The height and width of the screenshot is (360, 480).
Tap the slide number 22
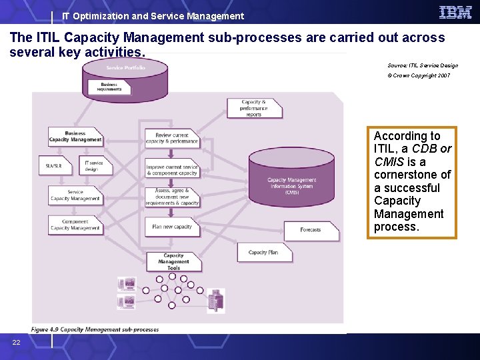[16, 342]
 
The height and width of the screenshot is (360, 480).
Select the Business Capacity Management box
[75, 137]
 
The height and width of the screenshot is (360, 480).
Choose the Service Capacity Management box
[75, 195]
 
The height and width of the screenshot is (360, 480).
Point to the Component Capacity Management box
[75, 225]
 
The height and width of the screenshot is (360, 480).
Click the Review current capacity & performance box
[172, 138]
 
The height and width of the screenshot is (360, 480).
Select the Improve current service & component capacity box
[172, 170]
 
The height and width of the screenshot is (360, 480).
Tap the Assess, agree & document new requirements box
[172, 197]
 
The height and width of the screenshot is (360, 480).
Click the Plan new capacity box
[172, 227]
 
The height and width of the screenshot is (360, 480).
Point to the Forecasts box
[311, 230]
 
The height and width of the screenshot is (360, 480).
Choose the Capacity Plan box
[263, 253]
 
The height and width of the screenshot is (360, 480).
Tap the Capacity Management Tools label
[173, 262]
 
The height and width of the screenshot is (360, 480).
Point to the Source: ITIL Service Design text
[423, 65]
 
